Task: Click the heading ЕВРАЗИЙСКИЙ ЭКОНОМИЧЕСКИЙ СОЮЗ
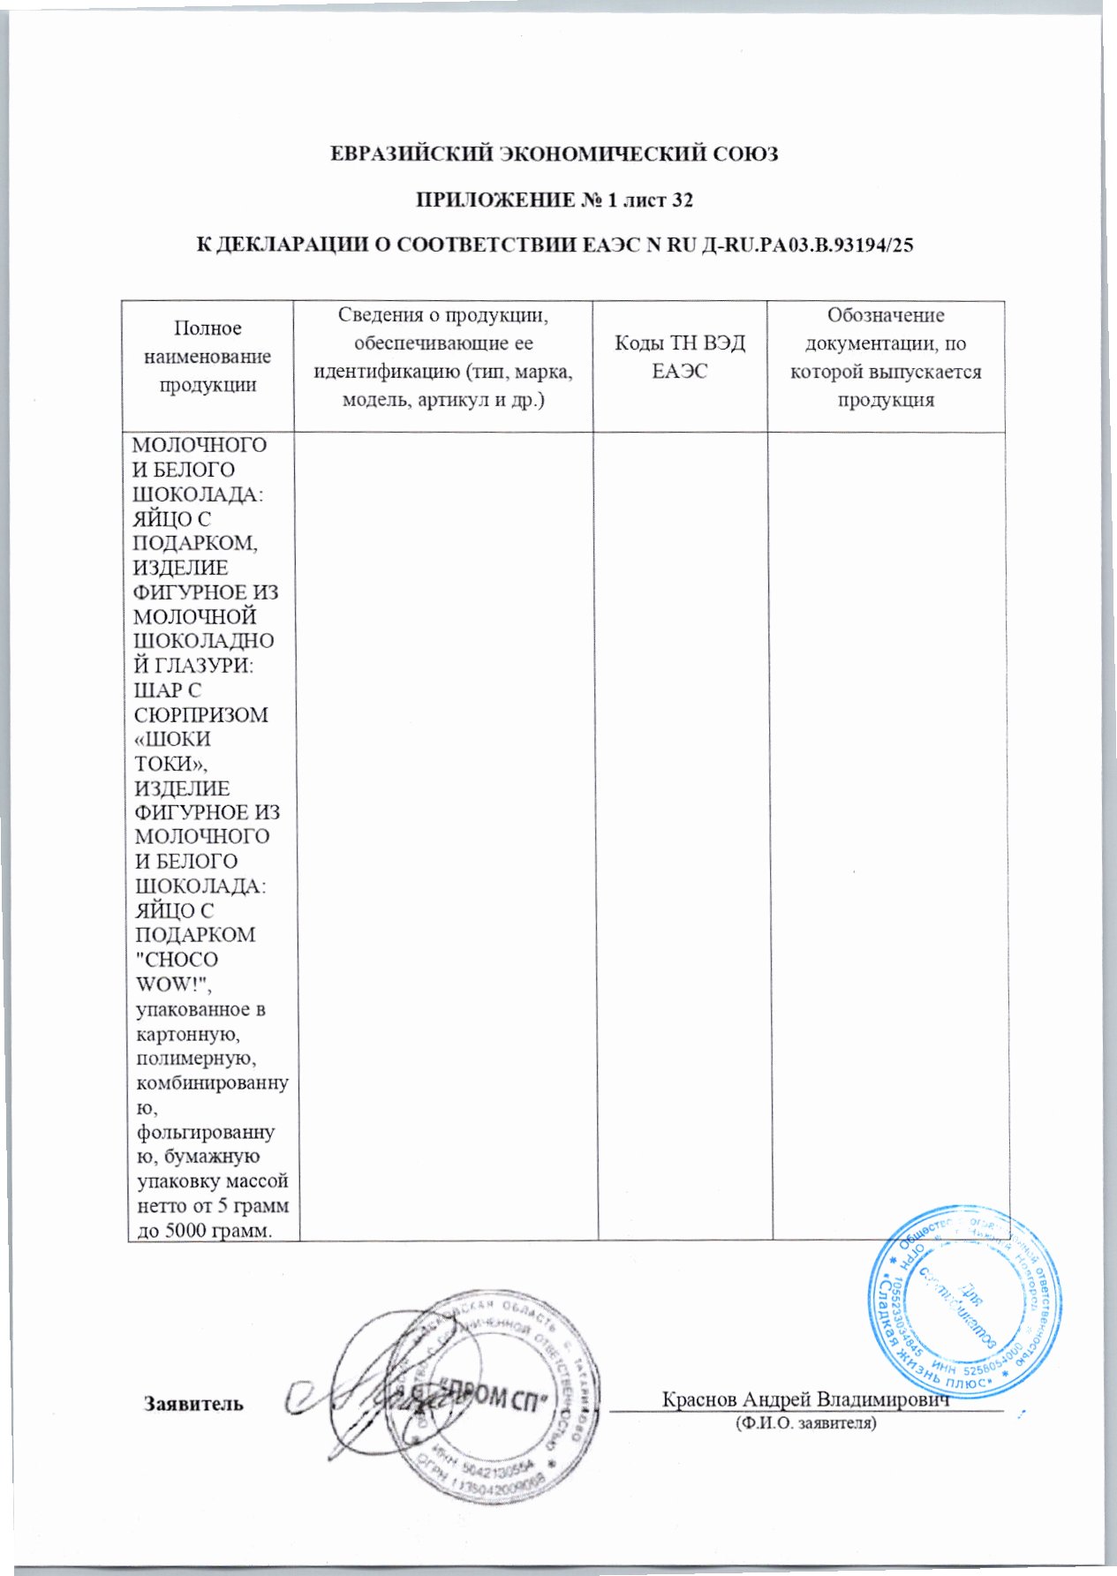[554, 154]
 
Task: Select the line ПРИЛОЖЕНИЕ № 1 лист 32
[554, 200]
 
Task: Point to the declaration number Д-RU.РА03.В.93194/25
[806, 245]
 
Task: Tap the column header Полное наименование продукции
[208, 357]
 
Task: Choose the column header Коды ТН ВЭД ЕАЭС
[680, 357]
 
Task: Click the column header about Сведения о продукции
[443, 357]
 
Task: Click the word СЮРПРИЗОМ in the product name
[200, 714]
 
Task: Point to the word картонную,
[182, 1033]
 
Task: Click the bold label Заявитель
[193, 1404]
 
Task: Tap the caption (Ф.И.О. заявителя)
[805, 1423]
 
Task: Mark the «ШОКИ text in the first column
[172, 739]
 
